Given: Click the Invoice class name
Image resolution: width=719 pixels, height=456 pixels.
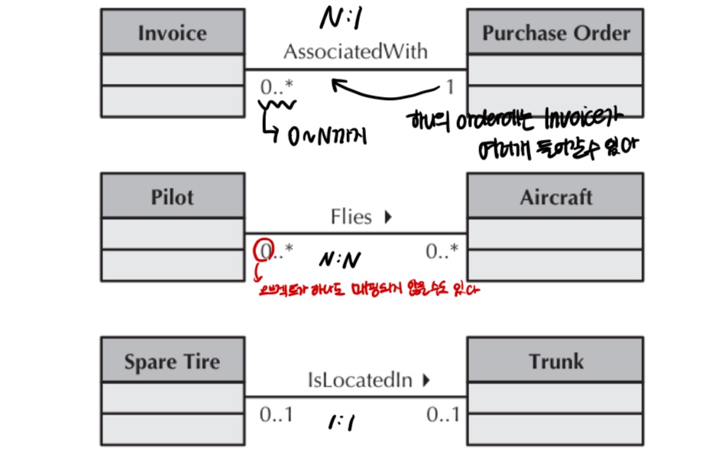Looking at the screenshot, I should point(172,33).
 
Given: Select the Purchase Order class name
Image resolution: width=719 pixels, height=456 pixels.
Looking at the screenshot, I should point(555,33).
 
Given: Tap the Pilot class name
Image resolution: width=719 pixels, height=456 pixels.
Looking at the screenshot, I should point(172,197).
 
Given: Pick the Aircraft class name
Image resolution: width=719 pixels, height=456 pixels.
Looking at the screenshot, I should point(555,197).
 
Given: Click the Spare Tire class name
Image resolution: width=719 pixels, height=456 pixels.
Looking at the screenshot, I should point(172,361).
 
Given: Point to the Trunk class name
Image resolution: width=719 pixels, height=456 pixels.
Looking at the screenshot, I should point(555,361).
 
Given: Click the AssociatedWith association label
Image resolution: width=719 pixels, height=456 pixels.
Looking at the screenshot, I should point(355,52).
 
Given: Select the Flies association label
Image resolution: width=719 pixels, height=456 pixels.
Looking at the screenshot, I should point(351,217).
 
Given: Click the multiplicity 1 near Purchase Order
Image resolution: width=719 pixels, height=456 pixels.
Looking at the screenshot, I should point(450,87).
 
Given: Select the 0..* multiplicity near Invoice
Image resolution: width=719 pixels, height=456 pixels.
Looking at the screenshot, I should point(276,87).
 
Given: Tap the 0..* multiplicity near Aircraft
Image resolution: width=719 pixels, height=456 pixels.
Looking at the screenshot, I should point(442,251).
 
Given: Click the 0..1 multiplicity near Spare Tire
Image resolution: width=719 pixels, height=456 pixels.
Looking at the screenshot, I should point(276,415).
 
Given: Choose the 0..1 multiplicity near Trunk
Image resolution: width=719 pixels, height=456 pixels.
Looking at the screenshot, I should point(443,415).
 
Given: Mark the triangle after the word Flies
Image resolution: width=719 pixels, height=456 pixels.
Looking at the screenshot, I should point(387,217).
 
